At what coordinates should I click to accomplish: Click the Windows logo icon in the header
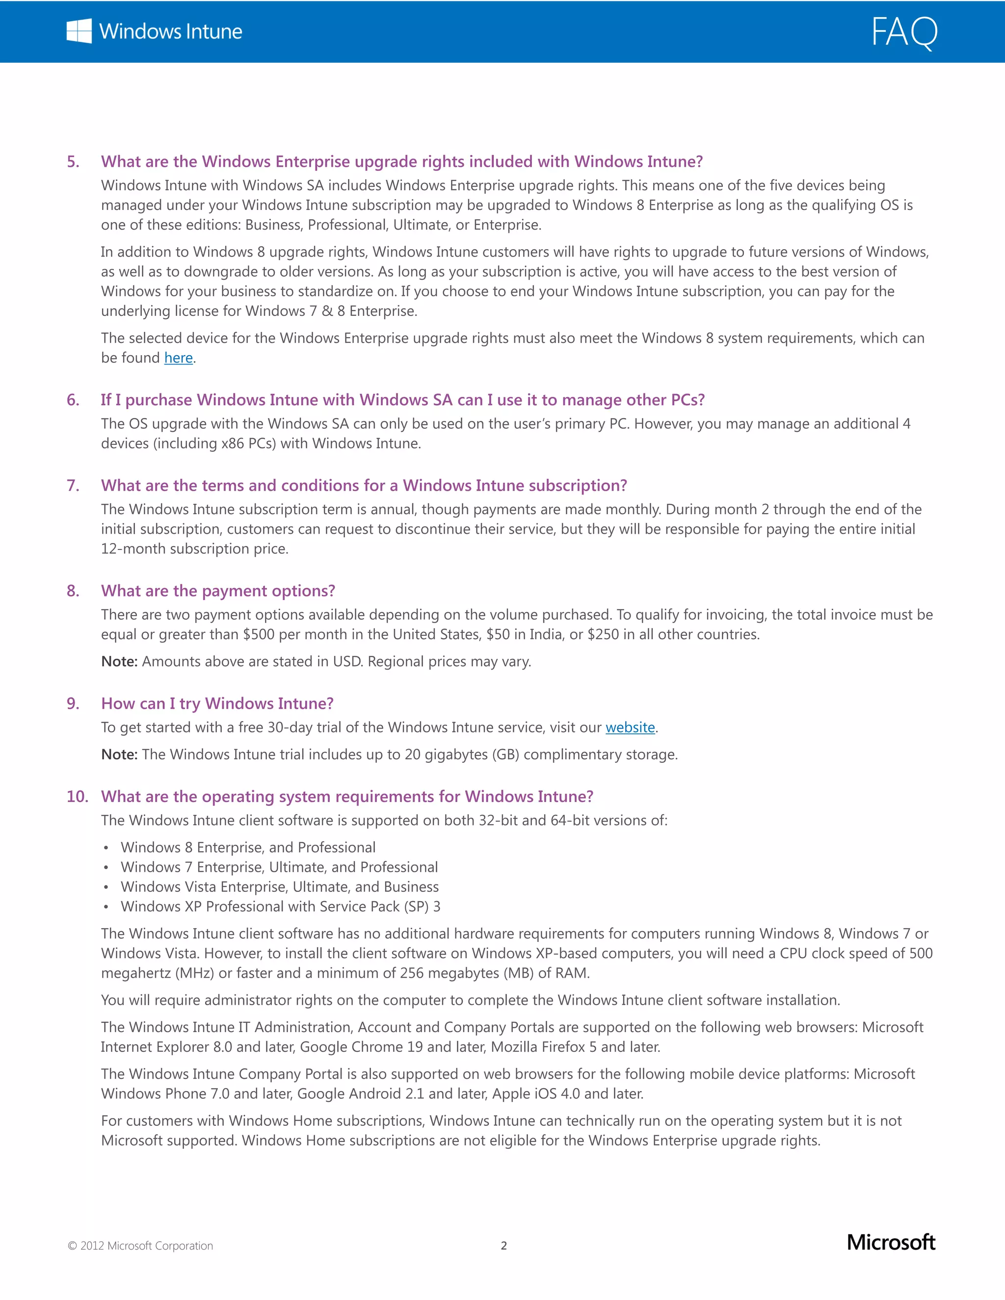[79, 31]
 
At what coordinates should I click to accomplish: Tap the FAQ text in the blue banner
[904, 32]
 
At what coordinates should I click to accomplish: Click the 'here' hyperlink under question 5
[178, 358]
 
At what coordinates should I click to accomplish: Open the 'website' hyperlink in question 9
[630, 728]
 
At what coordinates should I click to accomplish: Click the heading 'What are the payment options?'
[218, 591]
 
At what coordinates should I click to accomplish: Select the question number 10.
[77, 796]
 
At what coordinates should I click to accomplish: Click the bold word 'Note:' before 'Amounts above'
[119, 662]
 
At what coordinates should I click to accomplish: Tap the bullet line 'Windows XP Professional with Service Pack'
[280, 907]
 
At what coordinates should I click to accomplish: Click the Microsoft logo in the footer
[891, 1242]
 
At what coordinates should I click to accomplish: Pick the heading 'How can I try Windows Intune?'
[217, 703]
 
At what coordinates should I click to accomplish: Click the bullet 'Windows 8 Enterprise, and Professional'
[248, 848]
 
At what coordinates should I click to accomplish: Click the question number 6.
[73, 400]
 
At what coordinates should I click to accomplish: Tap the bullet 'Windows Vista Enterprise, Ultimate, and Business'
[279, 887]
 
